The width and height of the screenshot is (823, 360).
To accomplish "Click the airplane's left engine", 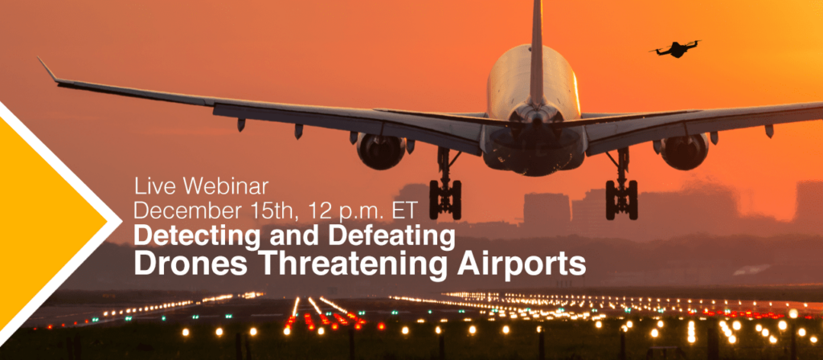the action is [380, 150].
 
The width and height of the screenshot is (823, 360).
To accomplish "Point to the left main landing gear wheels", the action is [445, 199].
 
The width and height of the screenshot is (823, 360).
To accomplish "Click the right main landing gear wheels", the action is [621, 199].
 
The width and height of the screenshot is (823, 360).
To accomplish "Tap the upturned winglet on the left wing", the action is [47, 69].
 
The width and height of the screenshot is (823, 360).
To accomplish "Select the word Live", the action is [155, 186].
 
